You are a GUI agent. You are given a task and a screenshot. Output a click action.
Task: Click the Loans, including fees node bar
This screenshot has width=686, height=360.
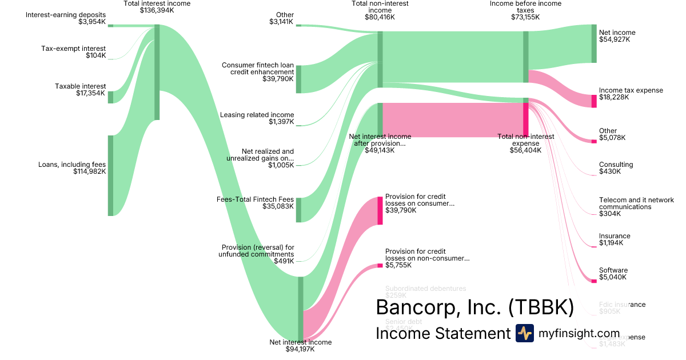(x=110, y=175)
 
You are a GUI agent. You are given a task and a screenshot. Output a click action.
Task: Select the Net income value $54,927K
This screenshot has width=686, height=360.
(x=615, y=40)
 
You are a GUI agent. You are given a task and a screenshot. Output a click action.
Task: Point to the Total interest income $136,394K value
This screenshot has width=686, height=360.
(x=157, y=10)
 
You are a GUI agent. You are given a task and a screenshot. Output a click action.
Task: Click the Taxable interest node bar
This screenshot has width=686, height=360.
(x=110, y=97)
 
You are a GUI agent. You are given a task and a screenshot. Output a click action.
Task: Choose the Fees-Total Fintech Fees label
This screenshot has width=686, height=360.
(x=255, y=199)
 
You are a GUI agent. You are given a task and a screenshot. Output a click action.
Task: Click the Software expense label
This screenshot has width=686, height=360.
(x=613, y=270)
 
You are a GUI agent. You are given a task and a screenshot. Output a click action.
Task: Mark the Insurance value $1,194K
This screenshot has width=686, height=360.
(x=611, y=243)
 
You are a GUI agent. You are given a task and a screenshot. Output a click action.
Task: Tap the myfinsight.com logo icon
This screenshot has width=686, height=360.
(x=524, y=333)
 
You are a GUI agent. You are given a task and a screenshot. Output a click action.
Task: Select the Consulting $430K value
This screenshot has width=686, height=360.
(x=609, y=171)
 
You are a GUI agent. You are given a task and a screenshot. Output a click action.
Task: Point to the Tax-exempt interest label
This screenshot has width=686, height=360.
(x=73, y=49)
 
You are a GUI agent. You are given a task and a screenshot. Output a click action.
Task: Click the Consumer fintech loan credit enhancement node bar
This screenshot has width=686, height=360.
(x=298, y=79)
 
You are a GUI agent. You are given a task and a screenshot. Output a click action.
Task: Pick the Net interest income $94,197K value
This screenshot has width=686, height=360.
(x=300, y=349)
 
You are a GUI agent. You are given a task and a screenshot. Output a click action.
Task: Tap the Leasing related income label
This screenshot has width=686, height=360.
(x=257, y=115)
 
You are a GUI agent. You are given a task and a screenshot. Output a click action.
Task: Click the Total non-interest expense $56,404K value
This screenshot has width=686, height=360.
(x=525, y=150)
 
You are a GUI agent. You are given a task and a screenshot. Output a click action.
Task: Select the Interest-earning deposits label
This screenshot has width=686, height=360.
(x=66, y=15)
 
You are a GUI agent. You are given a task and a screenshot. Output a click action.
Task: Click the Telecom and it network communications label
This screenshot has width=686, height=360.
(x=636, y=203)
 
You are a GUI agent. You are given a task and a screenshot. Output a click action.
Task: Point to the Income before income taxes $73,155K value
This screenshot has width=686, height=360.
(x=525, y=17)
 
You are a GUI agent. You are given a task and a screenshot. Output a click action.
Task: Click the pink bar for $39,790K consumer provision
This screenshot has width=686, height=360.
(x=380, y=210)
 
